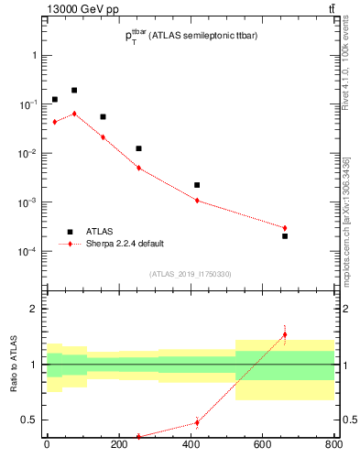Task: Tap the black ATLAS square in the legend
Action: click(70, 232)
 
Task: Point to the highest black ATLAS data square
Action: click(74, 91)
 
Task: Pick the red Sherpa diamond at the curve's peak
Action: click(74, 114)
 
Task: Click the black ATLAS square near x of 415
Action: click(197, 185)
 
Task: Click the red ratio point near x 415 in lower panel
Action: click(197, 422)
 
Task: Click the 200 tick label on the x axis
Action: click(118, 446)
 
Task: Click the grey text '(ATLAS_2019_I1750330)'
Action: click(191, 273)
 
